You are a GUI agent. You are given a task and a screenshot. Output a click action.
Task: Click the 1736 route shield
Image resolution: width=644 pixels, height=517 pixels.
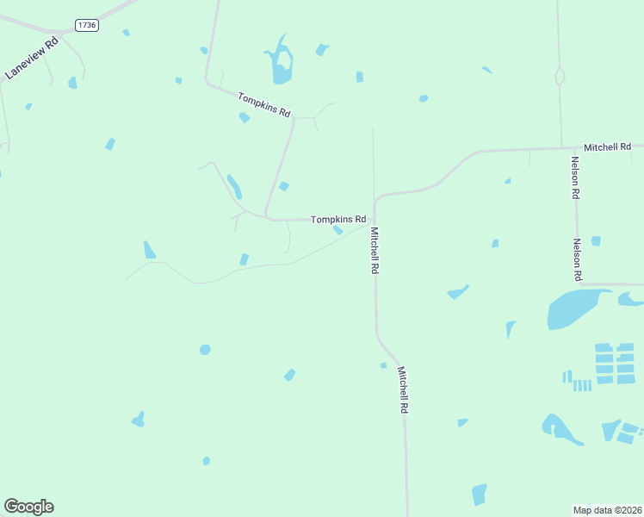[87, 25]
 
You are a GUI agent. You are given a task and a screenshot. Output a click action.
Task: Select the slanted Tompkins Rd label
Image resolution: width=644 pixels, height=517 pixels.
[265, 105]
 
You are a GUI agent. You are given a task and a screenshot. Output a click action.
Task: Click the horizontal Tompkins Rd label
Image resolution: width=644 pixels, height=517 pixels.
[338, 220]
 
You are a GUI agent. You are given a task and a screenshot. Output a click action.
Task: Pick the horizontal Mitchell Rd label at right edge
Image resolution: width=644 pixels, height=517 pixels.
[607, 147]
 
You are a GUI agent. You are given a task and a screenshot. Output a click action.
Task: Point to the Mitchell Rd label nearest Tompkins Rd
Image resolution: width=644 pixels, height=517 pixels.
[375, 251]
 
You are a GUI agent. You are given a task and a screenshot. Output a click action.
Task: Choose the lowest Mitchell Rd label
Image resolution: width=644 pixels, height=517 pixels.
[402, 389]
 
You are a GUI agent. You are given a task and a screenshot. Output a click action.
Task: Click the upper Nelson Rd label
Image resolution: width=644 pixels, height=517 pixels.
[574, 178]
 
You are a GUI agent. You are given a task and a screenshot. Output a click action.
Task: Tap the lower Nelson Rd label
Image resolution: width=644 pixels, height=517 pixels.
[579, 260]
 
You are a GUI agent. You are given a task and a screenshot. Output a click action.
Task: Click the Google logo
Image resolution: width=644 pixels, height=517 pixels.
[28, 507]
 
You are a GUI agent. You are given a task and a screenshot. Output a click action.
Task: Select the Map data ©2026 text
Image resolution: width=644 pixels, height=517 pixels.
[607, 509]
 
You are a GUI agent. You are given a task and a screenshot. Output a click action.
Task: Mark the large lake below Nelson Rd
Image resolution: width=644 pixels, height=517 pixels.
[575, 307]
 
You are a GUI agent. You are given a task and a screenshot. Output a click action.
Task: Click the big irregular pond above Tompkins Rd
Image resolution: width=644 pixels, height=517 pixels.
[281, 63]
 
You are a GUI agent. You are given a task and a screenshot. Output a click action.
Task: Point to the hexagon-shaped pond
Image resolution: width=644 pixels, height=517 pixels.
[205, 349]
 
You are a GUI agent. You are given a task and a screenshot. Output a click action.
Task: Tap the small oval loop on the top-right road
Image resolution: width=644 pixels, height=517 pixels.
[560, 77]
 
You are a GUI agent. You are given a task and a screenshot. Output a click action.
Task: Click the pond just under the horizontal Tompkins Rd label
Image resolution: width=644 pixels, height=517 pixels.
[338, 230]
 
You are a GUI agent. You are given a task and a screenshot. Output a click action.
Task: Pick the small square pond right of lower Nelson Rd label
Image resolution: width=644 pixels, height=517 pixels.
[596, 241]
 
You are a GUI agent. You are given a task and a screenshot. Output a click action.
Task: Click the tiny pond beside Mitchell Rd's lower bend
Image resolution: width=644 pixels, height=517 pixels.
[384, 365]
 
